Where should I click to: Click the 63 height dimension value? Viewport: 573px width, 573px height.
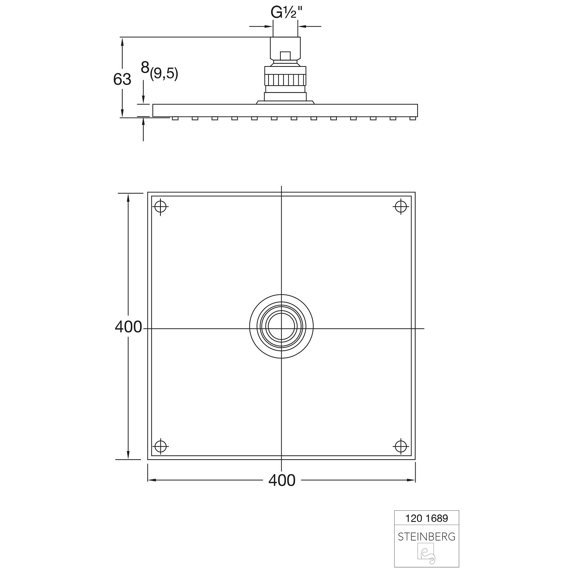122,79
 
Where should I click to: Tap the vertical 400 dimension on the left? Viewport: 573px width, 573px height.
128,327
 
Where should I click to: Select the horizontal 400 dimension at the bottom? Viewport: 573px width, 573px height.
282,480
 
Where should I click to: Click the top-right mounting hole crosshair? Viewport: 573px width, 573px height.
401,207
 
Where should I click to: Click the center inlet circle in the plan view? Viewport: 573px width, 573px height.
282,326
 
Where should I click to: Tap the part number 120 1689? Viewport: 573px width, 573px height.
427,518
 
